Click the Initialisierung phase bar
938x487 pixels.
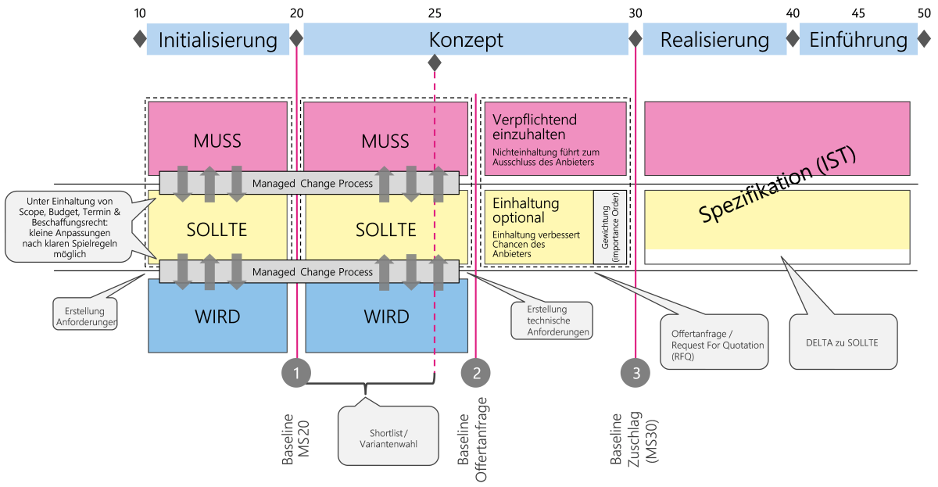(x=218, y=40)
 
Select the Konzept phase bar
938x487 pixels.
(x=466, y=40)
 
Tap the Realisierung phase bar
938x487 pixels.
(x=714, y=40)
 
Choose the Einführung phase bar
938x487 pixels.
(x=858, y=40)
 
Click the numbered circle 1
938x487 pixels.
(x=297, y=373)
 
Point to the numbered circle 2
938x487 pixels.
(x=477, y=373)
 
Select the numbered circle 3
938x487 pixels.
(x=635, y=373)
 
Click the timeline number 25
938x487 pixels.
(x=435, y=13)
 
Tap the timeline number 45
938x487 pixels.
(x=858, y=13)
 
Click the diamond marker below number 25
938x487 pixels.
(x=435, y=63)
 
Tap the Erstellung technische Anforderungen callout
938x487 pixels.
(x=551, y=320)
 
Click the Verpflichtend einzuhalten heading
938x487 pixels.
(x=535, y=127)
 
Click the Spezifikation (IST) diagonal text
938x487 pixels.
(x=778, y=186)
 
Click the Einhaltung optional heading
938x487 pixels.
(x=526, y=210)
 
